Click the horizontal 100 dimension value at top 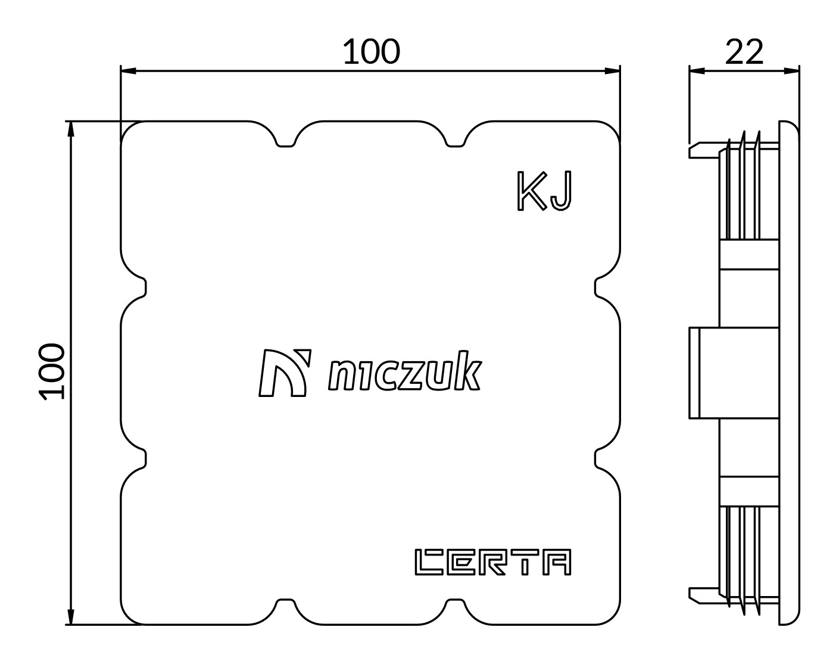point(371,51)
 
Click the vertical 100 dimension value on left point(51,371)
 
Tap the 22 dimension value point(744,51)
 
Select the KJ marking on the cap point(544,191)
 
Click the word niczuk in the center point(405,371)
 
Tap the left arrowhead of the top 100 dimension point(128,71)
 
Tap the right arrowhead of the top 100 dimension point(612,71)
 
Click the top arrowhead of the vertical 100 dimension point(71,129)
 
